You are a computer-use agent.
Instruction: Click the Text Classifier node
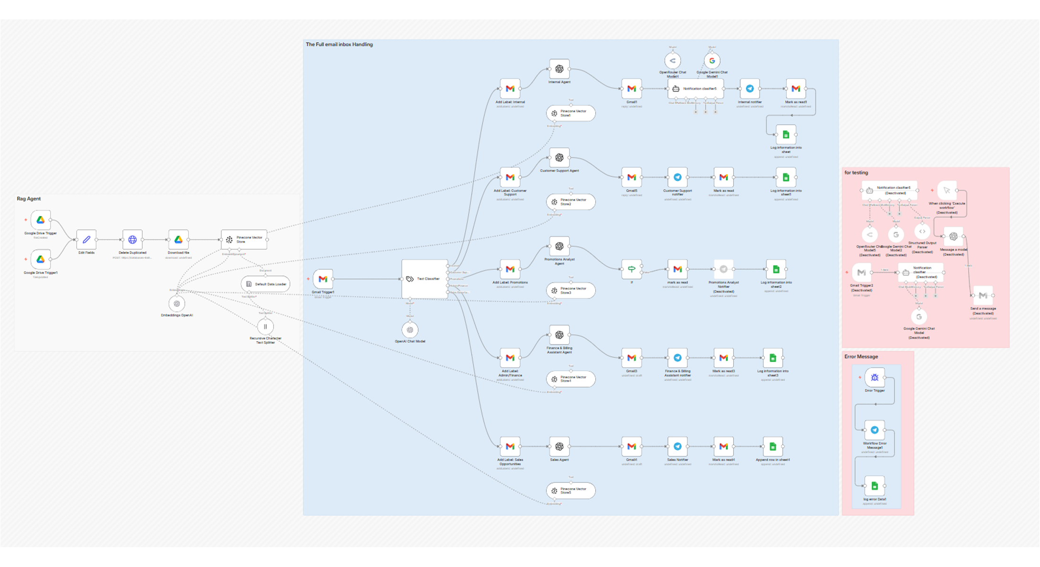[425, 279]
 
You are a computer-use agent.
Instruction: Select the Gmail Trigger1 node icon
[323, 279]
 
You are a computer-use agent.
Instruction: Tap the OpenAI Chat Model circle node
[410, 330]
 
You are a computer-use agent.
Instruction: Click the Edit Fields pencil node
[87, 240]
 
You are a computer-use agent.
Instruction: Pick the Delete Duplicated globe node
[132, 240]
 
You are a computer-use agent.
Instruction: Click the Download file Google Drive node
[178, 240]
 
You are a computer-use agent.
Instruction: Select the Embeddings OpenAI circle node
[177, 304]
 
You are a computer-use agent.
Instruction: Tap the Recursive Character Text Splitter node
[265, 326]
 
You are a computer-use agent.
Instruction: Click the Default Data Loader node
[265, 284]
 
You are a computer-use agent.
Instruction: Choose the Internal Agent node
[559, 69]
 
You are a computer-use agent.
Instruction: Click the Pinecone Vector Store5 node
[571, 491]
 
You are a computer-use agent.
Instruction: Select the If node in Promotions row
[632, 269]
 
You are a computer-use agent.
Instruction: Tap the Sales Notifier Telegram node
[677, 447]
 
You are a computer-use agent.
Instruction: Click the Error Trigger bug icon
[875, 378]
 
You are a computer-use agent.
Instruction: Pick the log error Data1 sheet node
[875, 486]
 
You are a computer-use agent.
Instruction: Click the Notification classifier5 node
[695, 89]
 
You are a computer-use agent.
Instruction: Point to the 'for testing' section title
[856, 173]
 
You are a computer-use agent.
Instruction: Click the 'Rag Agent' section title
[29, 199]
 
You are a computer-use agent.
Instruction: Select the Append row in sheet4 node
[772, 447]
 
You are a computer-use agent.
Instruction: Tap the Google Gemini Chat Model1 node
[712, 61]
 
